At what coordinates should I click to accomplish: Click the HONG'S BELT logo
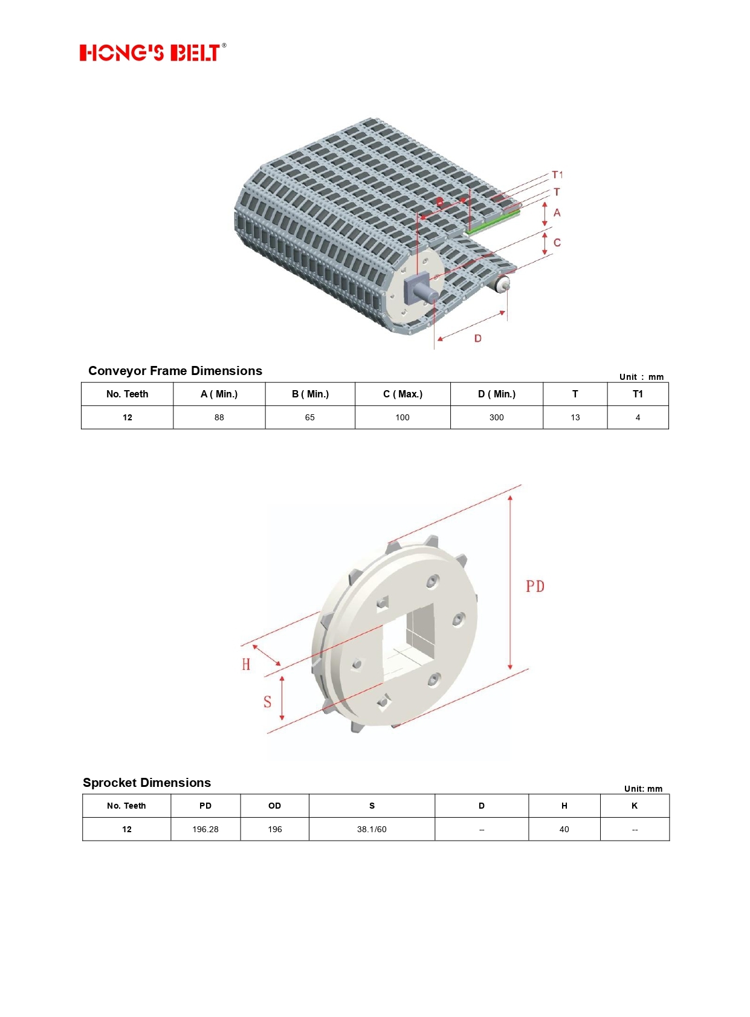[x=153, y=52]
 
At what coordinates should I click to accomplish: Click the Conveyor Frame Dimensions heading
[x=175, y=370]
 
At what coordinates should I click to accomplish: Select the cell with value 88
[x=219, y=417]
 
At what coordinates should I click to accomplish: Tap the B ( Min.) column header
[x=310, y=394]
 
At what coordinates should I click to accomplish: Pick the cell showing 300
[x=497, y=417]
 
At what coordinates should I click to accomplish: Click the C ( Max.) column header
[x=402, y=394]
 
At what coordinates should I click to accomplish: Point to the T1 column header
[x=638, y=394]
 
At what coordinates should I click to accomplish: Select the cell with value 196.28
[x=205, y=829]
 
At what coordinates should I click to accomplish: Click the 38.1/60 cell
[x=372, y=829]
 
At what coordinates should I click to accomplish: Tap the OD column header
[x=274, y=806]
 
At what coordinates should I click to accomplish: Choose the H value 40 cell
[x=564, y=829]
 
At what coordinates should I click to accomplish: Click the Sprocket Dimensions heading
[x=147, y=782]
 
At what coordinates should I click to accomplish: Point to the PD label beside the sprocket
[x=535, y=586]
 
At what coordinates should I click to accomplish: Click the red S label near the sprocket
[x=268, y=702]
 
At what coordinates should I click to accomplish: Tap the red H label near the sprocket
[x=246, y=664]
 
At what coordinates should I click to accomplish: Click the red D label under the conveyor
[x=478, y=338]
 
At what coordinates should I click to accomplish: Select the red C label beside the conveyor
[x=557, y=242]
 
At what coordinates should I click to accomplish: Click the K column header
[x=635, y=806]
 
